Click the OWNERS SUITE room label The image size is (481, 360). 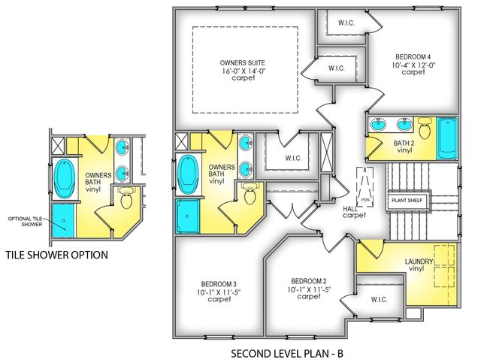pos(243,62)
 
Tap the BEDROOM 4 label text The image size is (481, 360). pos(407,56)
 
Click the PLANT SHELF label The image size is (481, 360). pos(407,201)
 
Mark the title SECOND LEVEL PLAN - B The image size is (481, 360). pos(288,351)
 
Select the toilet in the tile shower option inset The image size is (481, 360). pos(126,200)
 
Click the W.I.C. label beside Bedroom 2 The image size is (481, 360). pos(379,298)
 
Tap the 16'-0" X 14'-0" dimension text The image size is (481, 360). pos(243,71)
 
